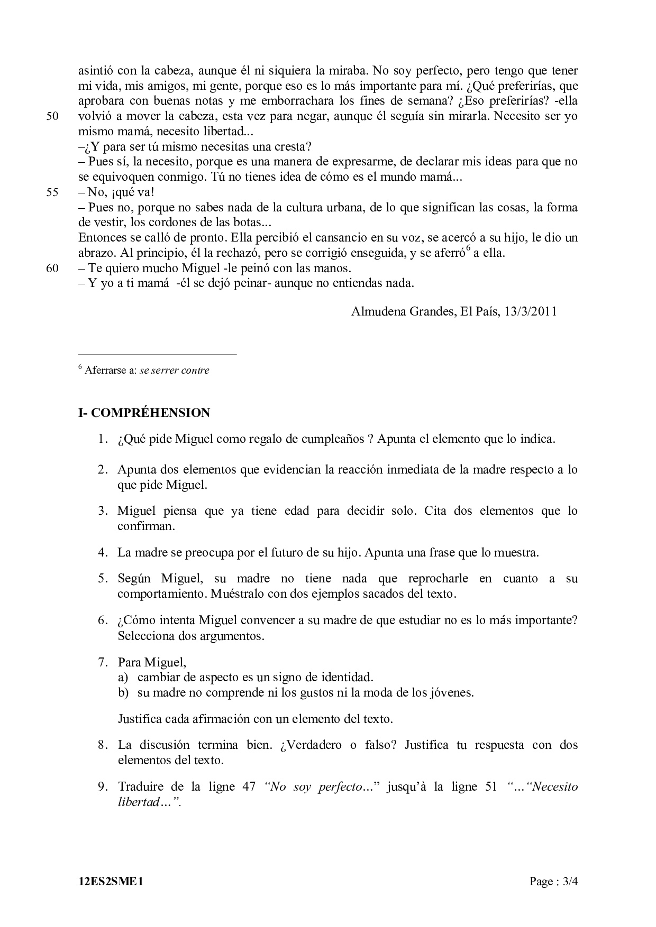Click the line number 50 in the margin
53,116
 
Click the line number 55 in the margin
53,192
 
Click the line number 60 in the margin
53,268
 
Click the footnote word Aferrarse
105,370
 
